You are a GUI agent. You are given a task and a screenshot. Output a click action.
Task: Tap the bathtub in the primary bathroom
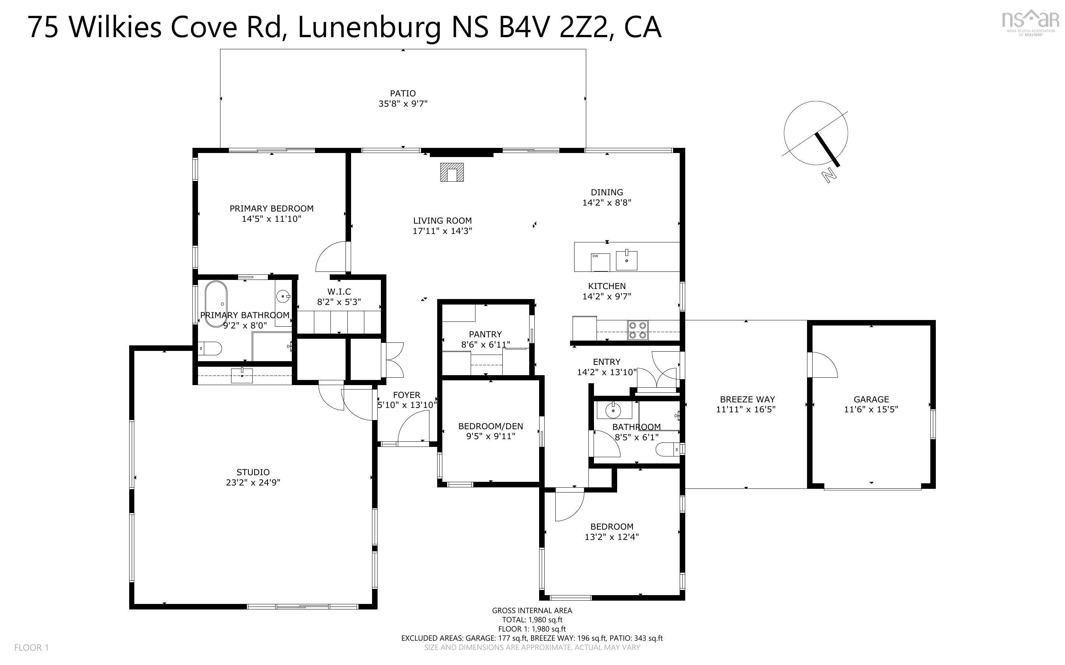point(216,304)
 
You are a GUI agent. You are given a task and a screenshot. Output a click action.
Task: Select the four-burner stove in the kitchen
point(638,330)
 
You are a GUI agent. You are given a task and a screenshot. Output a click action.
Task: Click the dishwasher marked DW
point(600,263)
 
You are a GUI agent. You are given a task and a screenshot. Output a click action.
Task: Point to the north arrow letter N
point(828,175)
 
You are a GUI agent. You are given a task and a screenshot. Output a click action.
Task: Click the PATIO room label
point(403,93)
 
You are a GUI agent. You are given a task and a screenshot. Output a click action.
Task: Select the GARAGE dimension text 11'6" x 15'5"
point(871,409)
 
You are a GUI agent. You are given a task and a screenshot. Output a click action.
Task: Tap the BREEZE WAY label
point(747,399)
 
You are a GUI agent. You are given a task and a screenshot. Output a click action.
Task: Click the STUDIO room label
point(253,472)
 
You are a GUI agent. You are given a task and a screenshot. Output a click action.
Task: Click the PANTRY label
point(485,334)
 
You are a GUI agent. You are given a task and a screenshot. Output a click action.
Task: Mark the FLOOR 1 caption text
point(31,647)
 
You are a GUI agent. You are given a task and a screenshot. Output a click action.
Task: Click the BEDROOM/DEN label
point(491,426)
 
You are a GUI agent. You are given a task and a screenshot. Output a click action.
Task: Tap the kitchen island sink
point(626,260)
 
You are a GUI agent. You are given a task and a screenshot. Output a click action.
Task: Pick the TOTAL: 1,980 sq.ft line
point(532,620)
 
